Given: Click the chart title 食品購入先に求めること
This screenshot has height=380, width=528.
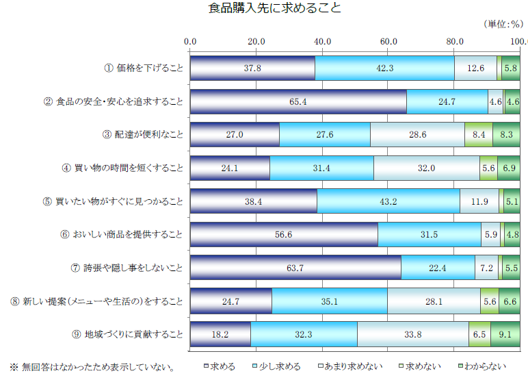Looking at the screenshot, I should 265,9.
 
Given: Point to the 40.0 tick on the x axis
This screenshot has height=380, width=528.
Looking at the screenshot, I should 322,42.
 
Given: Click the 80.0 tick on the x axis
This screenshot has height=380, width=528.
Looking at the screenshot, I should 454,42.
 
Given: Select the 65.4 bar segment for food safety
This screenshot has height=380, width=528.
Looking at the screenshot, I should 298,101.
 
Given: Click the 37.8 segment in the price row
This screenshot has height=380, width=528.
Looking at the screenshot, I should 252,68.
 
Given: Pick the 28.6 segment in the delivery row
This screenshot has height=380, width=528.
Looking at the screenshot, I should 417,135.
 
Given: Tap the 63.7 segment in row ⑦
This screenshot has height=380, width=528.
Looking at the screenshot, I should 295,268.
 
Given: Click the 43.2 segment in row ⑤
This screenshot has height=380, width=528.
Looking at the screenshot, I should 388,201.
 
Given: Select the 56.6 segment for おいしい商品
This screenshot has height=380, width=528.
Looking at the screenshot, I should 284,234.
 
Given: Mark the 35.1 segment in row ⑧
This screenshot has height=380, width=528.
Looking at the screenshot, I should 330,301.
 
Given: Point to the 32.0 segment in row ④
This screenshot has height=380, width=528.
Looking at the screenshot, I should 427,168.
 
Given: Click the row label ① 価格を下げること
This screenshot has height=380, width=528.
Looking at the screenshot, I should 143,68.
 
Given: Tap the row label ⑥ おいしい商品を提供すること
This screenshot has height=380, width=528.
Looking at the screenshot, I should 121,234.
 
